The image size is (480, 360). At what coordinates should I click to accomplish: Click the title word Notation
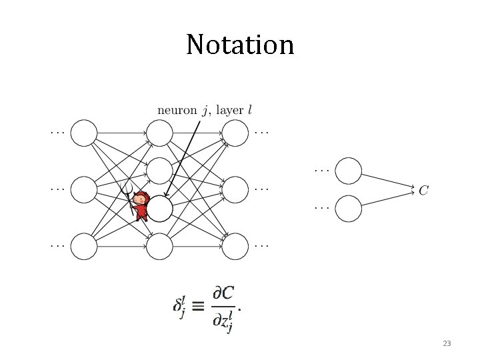click(240, 45)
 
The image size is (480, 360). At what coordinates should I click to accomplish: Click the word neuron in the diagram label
click(177, 109)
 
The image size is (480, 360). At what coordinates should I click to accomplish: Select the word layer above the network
click(230, 109)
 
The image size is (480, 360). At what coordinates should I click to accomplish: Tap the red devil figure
click(140, 205)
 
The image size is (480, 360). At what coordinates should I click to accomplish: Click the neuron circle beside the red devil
click(159, 209)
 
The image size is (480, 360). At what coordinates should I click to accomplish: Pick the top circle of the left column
click(84, 133)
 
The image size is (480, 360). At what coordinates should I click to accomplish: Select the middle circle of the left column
click(84, 189)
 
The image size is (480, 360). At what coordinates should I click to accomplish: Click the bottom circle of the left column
click(84, 246)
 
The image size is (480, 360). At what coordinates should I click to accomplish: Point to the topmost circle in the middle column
click(159, 133)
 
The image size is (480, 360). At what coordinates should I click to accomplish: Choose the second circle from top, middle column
click(159, 171)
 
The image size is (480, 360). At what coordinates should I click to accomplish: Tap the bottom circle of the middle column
click(159, 246)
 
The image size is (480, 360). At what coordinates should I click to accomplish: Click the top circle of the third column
click(235, 133)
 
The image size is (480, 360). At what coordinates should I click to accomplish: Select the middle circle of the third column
click(235, 189)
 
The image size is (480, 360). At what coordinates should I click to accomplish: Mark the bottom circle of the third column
click(235, 246)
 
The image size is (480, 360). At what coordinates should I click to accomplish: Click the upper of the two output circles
click(348, 171)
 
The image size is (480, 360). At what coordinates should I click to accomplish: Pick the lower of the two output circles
click(348, 209)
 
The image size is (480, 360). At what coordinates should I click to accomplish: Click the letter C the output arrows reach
click(423, 191)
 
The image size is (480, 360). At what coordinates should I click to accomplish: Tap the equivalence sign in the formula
click(199, 307)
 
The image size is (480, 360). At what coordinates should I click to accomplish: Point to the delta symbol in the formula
click(178, 307)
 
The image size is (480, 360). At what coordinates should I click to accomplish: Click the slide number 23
click(447, 344)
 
